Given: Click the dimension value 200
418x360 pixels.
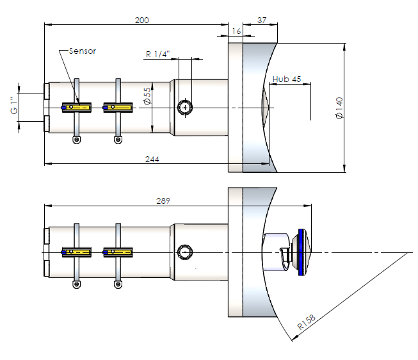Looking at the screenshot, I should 142,20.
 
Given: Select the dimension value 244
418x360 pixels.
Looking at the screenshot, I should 152,160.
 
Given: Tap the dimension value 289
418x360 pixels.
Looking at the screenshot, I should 163,200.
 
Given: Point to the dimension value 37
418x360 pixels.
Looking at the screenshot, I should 261,20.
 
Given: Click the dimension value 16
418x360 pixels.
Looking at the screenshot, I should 236,31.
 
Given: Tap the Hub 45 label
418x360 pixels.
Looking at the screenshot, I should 286,79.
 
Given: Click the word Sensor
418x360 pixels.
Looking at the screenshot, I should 82,51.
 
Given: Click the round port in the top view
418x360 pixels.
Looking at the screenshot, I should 185,107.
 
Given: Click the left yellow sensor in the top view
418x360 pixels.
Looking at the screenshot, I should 77,108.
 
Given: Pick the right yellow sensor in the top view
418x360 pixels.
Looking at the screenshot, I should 118,108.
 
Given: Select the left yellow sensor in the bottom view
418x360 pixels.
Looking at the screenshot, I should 77,252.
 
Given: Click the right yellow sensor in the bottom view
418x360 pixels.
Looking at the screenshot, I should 118,252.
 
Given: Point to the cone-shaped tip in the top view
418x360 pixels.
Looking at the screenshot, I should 266,107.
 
